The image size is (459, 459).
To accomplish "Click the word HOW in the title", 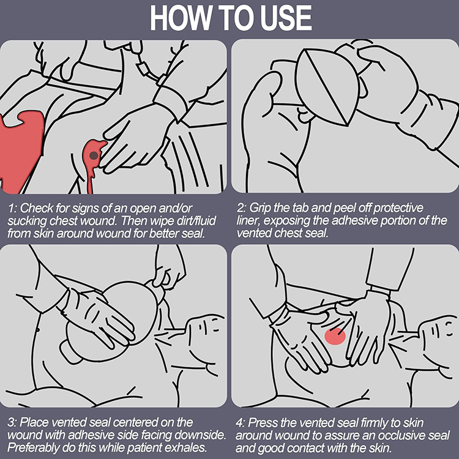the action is pos(180,18).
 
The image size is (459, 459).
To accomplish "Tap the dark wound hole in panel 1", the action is pos(94,155).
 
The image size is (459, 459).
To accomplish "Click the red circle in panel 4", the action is pos(335,337).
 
